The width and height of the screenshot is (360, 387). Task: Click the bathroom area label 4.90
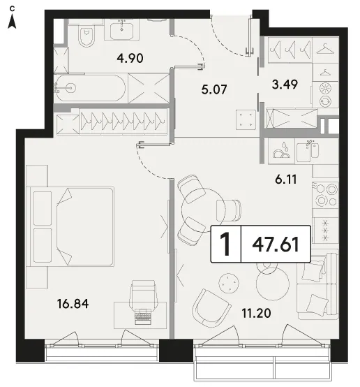130,58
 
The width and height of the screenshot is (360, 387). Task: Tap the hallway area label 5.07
214,89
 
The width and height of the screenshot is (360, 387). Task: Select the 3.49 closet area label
285,85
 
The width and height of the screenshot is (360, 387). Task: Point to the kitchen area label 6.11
286,180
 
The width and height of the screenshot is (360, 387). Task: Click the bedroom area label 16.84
73,304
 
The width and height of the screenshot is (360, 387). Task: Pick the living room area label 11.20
256,313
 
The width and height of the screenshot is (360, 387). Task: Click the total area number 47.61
276,244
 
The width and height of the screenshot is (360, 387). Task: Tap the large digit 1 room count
225,244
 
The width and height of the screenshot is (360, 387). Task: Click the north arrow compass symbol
12,17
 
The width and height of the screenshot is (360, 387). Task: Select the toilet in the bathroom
87,36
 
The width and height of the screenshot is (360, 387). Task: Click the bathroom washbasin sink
121,30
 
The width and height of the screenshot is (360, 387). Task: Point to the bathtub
90,88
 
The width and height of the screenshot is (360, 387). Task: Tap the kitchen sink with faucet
308,152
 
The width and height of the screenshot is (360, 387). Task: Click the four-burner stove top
325,195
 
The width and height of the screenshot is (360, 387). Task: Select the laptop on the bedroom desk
143,316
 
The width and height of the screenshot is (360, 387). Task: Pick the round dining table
204,210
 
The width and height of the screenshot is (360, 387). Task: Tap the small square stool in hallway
246,119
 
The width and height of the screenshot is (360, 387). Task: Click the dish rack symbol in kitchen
281,151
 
